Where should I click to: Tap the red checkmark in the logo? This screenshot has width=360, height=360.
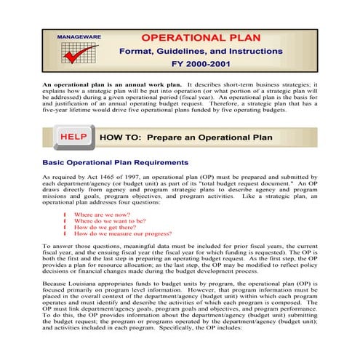coord(80,53)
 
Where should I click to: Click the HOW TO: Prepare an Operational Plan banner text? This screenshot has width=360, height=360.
coord(185,137)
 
